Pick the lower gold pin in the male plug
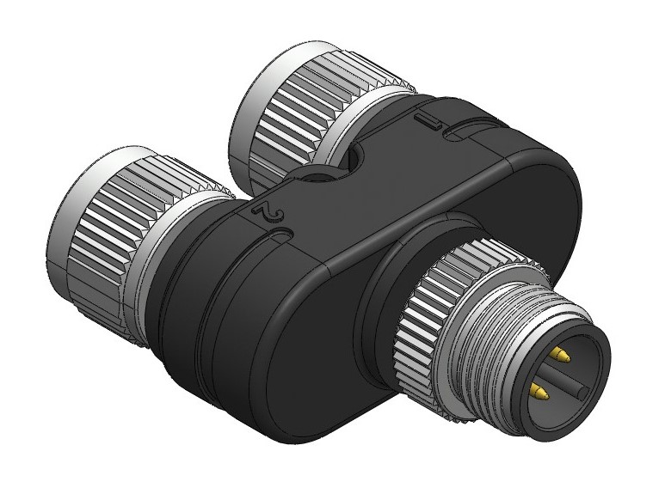tap(538, 392)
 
